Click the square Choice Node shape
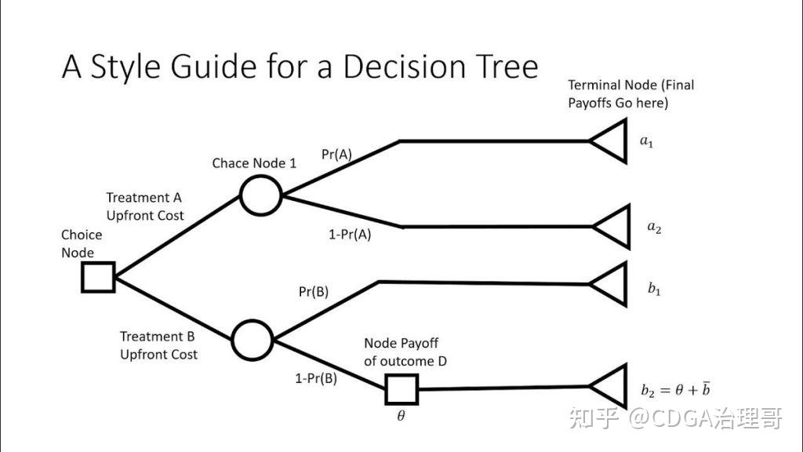click(x=98, y=277)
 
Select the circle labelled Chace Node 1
click(x=260, y=195)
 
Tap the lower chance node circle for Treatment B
click(x=252, y=341)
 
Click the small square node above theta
click(x=401, y=389)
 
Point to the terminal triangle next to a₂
click(x=614, y=227)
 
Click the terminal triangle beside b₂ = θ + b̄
click(x=611, y=386)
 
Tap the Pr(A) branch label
click(x=337, y=155)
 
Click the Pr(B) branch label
click(x=314, y=292)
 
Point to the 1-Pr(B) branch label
click(x=316, y=378)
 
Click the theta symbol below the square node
click(x=401, y=416)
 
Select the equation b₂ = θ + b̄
click(x=675, y=388)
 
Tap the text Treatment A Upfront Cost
click(x=145, y=206)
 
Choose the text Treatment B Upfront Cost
click(x=158, y=345)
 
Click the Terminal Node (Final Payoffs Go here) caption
click(x=630, y=93)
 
